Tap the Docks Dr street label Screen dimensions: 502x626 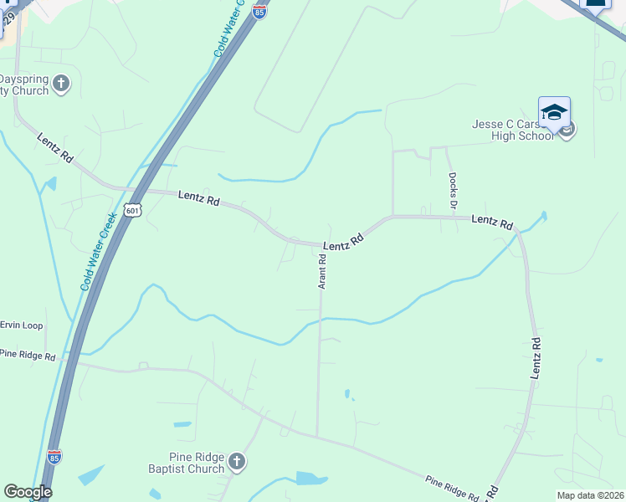(x=453, y=190)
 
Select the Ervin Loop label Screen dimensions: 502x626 (x=23, y=325)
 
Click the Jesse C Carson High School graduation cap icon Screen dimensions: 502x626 (x=554, y=112)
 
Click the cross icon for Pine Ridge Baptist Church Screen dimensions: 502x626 (x=237, y=461)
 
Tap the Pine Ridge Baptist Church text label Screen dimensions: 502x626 (x=197, y=464)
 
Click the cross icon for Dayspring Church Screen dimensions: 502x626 (x=60, y=83)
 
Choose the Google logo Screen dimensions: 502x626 (x=28, y=492)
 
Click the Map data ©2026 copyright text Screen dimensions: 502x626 (x=591, y=495)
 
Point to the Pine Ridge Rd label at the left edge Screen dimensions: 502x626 (x=28, y=356)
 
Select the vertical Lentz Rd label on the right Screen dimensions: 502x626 (x=536, y=358)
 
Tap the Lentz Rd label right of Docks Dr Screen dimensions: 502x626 (x=492, y=222)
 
